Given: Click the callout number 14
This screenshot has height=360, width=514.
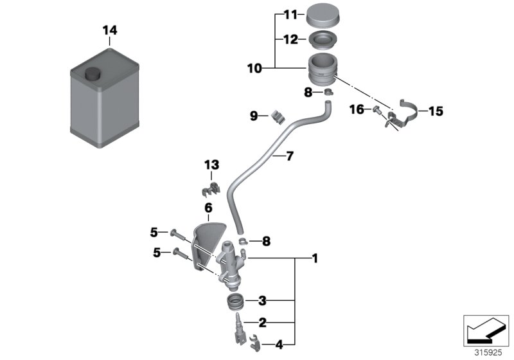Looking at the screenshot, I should tap(110, 30).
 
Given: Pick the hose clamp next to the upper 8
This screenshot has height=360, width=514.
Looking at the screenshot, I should tap(328, 93).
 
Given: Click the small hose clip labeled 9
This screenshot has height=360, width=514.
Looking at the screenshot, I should tap(278, 116).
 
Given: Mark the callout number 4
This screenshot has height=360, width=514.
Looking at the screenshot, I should tap(278, 345).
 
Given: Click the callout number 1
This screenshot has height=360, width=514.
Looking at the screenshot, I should tap(314, 258).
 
